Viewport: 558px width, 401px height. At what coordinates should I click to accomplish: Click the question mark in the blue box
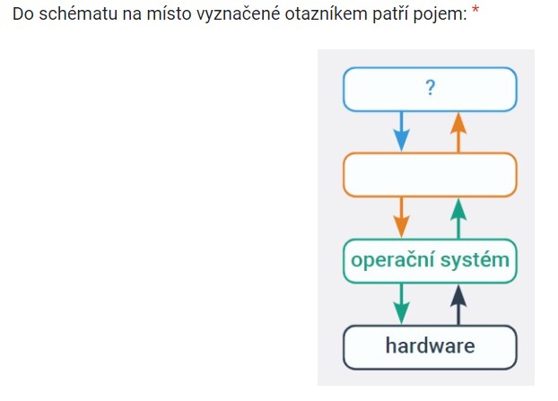[x=431, y=88]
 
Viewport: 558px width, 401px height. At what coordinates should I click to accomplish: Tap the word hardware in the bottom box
[x=430, y=345]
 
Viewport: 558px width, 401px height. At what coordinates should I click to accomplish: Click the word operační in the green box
[x=393, y=260]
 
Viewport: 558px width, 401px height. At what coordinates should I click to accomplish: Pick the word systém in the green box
[x=475, y=260]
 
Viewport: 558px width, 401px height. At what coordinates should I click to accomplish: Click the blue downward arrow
[x=401, y=131]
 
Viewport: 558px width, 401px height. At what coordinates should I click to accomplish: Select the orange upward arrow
[x=458, y=133]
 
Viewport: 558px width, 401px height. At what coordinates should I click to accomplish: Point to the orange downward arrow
[x=401, y=217]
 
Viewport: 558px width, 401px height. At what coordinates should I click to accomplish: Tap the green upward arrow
[x=458, y=219]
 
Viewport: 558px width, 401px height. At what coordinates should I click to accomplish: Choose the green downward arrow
[x=401, y=303]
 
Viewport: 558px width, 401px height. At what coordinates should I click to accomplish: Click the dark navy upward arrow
[x=458, y=305]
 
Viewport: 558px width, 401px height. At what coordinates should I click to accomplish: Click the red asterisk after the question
[x=475, y=10]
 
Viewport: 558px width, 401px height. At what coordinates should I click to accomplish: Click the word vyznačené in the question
[x=238, y=15]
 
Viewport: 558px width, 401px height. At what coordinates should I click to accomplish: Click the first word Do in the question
[x=23, y=13]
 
